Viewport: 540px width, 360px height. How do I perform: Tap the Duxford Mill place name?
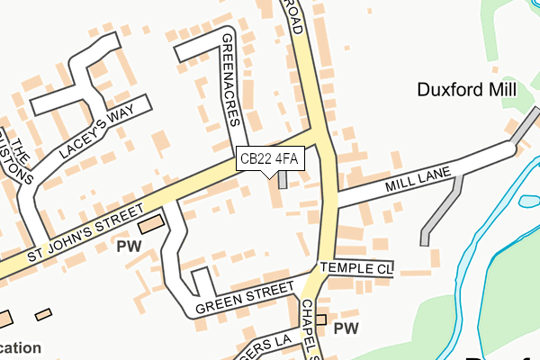pos(466,90)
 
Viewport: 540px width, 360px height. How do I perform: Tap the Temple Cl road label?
pos(357,269)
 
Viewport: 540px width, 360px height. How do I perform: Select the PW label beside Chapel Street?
pos(346,330)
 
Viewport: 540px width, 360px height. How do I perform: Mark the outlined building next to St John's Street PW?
pos(151,223)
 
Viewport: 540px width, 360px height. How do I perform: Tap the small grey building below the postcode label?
pos(283,179)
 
